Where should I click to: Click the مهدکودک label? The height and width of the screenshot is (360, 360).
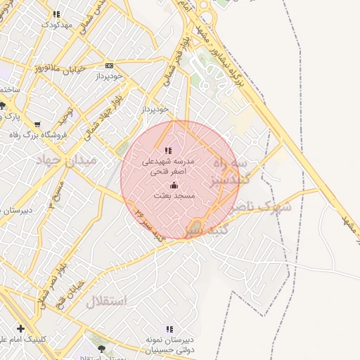click(57, 24)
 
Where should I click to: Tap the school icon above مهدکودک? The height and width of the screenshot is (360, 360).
click(57, 13)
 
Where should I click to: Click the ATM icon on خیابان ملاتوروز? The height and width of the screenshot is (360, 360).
click(108, 65)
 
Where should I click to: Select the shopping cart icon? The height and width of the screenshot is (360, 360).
click(37, 124)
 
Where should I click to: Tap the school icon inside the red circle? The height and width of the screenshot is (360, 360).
click(167, 150)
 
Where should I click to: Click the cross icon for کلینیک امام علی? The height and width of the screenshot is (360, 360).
click(20, 328)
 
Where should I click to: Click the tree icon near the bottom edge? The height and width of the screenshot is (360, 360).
click(101, 348)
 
